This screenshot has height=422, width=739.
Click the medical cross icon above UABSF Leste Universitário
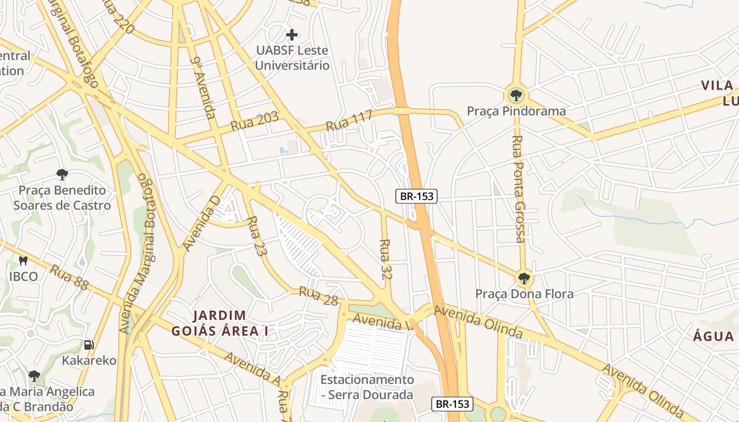coord(291,35)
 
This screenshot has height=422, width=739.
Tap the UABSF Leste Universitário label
coord(292,58)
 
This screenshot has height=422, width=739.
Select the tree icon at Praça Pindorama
coord(516,95)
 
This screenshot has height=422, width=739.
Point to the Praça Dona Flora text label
coord(524,294)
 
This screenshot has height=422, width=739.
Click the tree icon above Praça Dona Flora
coord(524,278)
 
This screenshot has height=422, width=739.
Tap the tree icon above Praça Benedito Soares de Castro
coord(62,174)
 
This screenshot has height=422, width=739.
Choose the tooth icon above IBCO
coord(23,261)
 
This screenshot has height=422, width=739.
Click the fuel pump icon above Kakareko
coord(89,345)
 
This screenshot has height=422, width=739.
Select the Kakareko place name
coord(89,361)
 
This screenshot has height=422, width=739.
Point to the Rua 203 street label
coord(254,122)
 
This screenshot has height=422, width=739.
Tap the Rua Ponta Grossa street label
coord(519,189)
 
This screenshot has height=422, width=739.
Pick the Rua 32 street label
coord(386,259)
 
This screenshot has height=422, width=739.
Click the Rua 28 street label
coord(318,296)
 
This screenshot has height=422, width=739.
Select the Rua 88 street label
coord(69,277)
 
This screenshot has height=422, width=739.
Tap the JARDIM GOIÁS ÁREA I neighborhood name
coord(220,323)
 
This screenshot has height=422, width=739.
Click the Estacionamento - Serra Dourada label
coord(367,387)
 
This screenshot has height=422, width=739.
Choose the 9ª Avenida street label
coord(203,88)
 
